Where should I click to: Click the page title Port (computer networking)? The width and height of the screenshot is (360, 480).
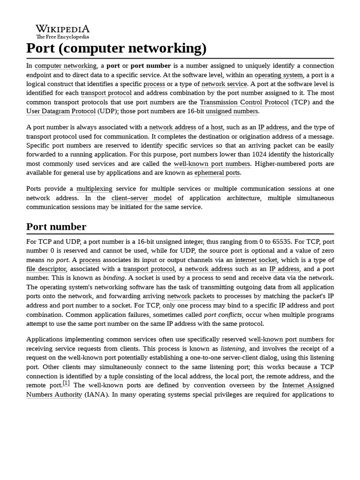click(116, 48)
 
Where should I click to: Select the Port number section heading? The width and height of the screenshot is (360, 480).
click(56, 227)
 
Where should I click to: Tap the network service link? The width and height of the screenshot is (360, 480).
click(224, 84)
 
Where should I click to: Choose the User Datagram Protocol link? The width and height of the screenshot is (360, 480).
click(61, 111)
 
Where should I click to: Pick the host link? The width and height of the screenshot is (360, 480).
click(217, 127)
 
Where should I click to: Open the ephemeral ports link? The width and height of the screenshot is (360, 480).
click(217, 172)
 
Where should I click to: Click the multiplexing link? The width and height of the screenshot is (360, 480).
click(94, 188)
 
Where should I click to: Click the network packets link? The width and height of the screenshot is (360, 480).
click(190, 296)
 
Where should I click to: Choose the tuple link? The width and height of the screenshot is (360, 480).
click(116, 376)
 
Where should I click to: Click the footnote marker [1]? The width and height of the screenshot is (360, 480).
click(66, 383)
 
